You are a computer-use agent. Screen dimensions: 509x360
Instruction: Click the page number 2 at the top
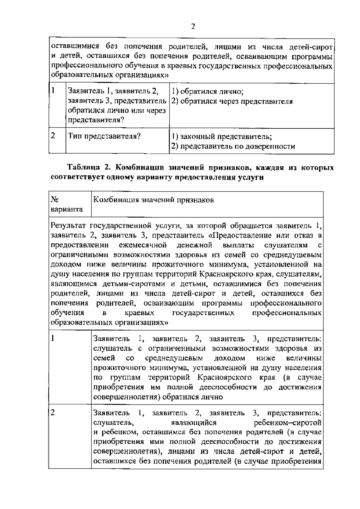(x=193, y=27)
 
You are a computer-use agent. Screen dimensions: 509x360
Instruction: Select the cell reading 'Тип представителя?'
(x=104, y=136)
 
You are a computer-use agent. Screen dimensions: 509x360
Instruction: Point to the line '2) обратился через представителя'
(x=232, y=101)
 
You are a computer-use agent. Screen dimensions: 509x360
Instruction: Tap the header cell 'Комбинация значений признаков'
(x=154, y=200)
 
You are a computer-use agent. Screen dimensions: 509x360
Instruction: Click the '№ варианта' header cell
(x=67, y=204)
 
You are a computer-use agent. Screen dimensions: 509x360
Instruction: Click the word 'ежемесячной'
(x=143, y=245)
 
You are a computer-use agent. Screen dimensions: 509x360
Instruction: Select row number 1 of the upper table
(x=53, y=91)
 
